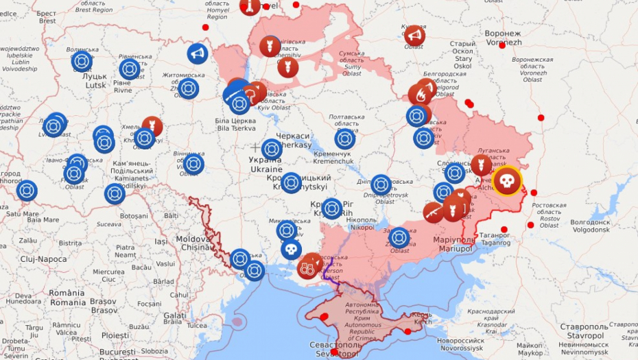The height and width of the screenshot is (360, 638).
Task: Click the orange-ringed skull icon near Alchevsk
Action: (x=507, y=181)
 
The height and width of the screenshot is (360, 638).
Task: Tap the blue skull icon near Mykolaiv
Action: (x=291, y=249)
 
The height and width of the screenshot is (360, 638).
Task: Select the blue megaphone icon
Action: (x=198, y=53)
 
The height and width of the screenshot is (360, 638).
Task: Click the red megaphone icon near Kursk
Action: (x=414, y=35)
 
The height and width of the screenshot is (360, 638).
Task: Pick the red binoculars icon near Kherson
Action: (x=308, y=267)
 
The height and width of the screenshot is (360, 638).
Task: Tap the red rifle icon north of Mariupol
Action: (x=434, y=213)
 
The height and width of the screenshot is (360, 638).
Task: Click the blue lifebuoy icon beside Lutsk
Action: (x=82, y=62)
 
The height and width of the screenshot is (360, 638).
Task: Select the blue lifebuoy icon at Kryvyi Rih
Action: (x=332, y=208)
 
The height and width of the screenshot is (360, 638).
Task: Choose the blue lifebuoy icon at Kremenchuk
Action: (x=345, y=139)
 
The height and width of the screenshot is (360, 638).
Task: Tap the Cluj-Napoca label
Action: (x=43, y=259)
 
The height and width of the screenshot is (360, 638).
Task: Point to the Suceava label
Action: (x=108, y=224)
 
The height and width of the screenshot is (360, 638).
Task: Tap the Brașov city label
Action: (x=104, y=306)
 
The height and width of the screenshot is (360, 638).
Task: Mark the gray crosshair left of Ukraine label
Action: (x=255, y=147)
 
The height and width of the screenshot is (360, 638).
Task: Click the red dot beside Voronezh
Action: (x=502, y=45)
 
